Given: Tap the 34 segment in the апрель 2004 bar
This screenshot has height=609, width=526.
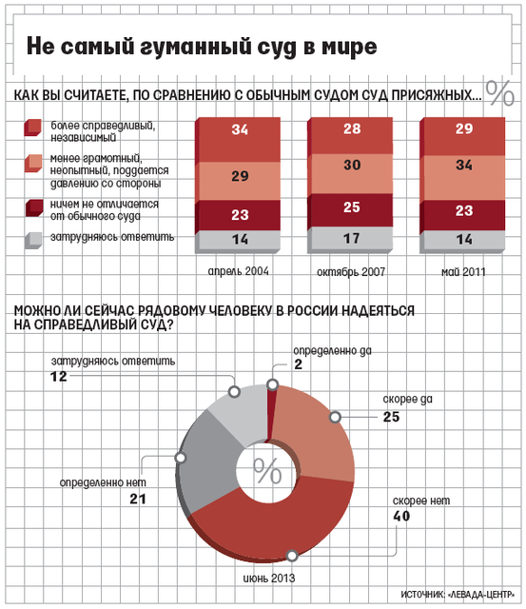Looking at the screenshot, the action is (x=238, y=140).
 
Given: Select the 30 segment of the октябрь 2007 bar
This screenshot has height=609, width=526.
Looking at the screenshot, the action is (x=350, y=173).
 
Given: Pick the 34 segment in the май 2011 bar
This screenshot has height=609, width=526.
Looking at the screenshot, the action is (x=462, y=178).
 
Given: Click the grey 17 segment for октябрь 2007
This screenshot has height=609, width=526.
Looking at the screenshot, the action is (x=350, y=239).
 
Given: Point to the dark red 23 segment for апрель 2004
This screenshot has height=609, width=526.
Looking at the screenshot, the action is (x=238, y=216).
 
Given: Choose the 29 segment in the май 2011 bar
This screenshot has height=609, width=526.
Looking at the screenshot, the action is (x=462, y=136).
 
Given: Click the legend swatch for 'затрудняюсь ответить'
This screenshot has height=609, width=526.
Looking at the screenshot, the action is (x=33, y=240).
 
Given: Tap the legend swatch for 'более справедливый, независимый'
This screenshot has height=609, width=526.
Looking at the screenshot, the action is (x=32, y=128).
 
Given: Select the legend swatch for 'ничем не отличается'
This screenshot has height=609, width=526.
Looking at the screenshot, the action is (x=33, y=207).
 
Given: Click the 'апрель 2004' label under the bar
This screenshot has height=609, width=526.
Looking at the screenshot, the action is (x=238, y=271).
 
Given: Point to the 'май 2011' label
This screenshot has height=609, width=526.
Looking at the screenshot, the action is (x=463, y=271).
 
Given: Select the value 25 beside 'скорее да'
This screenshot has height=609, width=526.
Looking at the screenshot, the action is (x=391, y=417).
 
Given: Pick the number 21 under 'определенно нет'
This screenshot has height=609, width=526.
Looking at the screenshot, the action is (x=138, y=499).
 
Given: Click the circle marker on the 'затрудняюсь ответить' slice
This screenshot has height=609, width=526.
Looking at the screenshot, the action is (x=234, y=391).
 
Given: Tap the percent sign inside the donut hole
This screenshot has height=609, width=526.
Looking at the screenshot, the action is (x=267, y=471).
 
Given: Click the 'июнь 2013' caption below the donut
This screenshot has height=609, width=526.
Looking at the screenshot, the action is (x=269, y=578).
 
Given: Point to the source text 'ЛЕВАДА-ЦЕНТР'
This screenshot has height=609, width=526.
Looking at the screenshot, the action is (x=481, y=594).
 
